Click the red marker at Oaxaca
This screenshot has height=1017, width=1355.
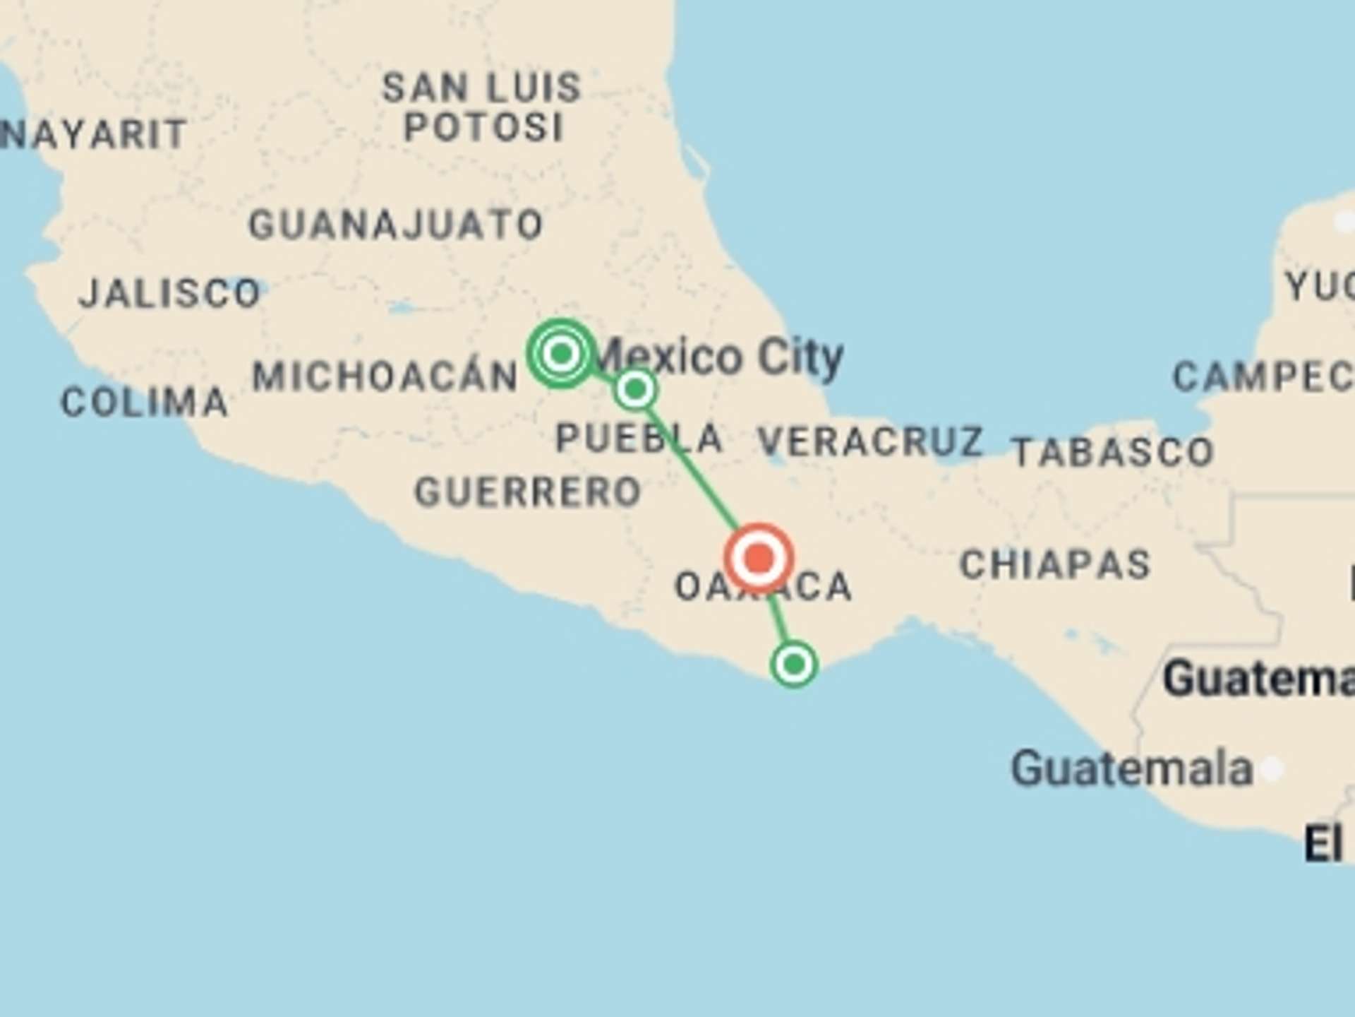tap(759, 558)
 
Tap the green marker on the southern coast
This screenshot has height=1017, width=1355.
tap(794, 664)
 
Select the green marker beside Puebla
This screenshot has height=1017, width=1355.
tap(635, 389)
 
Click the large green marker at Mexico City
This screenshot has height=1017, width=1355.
tap(561, 353)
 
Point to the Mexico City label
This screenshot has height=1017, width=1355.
tap(720, 357)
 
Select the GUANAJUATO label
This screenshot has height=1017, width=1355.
tap(396, 225)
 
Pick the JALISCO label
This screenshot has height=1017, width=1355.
tap(169, 293)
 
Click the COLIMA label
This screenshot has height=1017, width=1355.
tap(145, 403)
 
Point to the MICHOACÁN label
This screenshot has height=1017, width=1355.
tap(385, 376)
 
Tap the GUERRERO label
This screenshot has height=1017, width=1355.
tap(527, 492)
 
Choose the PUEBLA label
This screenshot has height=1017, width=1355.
tap(639, 438)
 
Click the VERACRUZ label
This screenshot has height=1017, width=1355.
tap(870, 441)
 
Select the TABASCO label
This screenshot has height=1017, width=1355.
tap(1112, 452)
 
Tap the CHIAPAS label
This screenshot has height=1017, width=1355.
tap(1055, 565)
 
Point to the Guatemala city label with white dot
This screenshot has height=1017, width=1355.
tap(1131, 768)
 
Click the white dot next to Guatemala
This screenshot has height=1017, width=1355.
tap(1271, 768)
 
